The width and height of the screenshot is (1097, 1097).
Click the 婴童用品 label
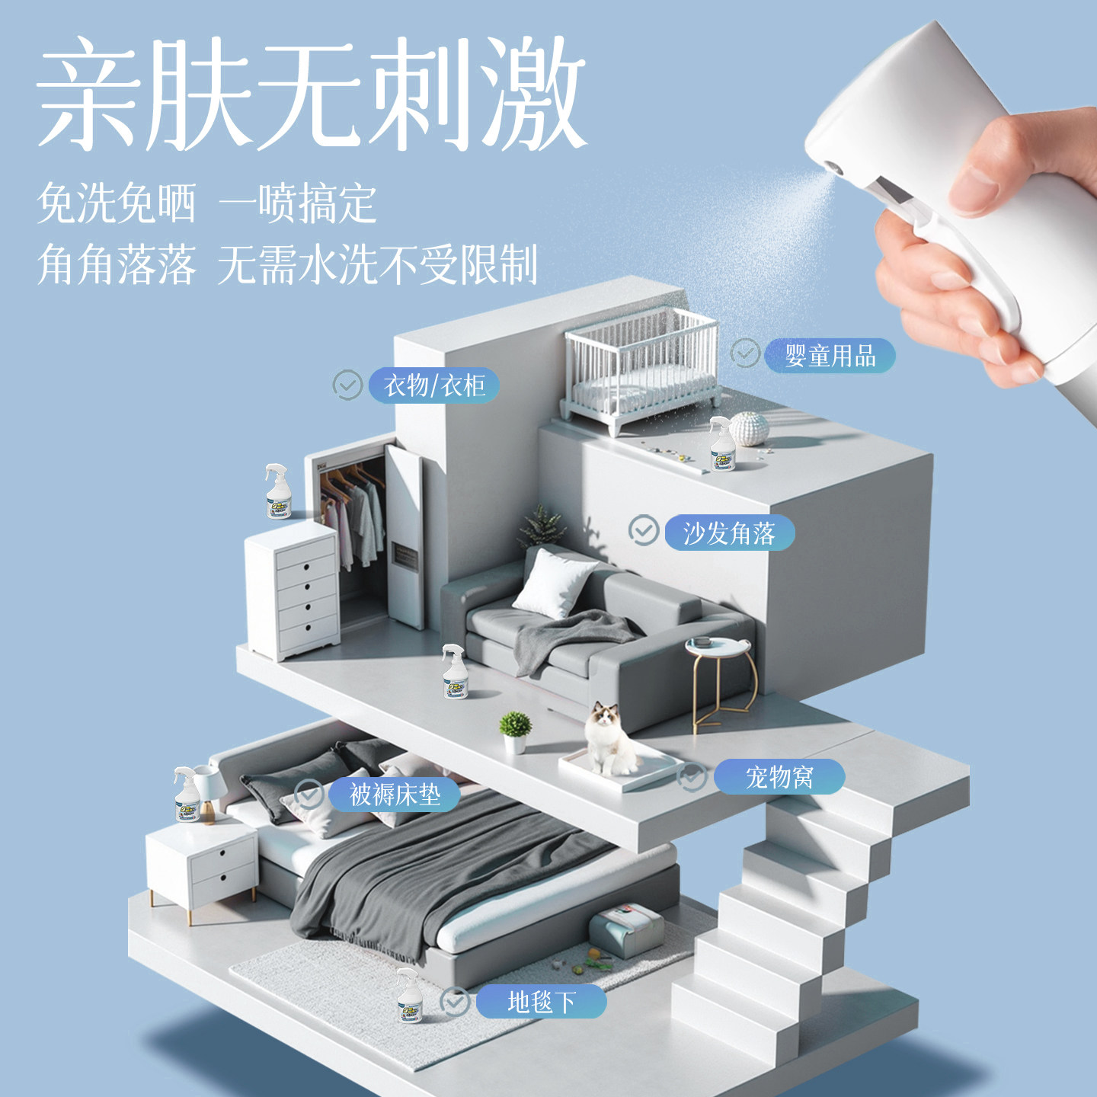[830, 356]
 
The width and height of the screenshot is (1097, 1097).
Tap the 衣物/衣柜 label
[434, 385]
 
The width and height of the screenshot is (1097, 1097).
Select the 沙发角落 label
[729, 533]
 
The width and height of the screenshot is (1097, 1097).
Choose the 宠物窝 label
[779, 777]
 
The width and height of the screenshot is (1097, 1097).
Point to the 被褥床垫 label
[395, 795]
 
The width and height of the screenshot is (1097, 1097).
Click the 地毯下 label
[541, 1002]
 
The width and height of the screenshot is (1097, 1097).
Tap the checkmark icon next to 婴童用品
[745, 353]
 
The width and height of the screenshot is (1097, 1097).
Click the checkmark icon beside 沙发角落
[644, 530]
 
